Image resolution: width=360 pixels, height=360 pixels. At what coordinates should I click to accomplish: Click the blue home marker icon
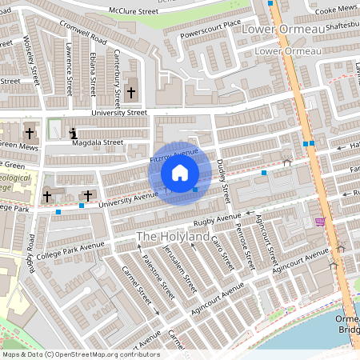(180, 172)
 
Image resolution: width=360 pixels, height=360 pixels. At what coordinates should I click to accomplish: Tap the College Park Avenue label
(70, 251)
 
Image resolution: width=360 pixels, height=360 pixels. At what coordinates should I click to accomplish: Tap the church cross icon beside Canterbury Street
(130, 93)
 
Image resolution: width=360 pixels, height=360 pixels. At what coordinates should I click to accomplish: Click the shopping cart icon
(320, 222)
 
